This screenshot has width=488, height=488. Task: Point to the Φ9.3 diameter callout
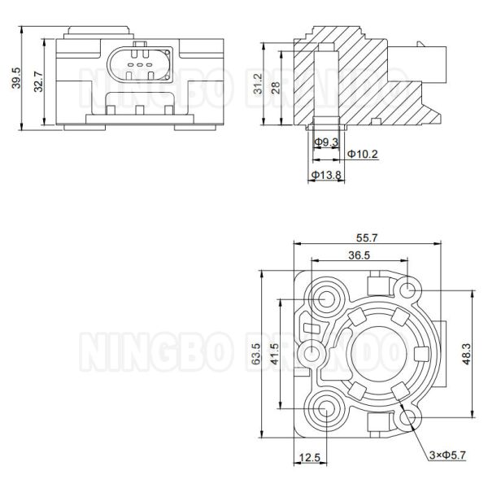click(x=328, y=143)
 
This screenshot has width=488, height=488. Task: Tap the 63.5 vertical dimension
click(x=256, y=354)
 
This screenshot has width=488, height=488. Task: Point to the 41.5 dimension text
click(x=277, y=354)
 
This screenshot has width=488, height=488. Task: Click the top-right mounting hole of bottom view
click(x=408, y=288)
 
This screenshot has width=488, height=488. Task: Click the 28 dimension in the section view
click(x=277, y=87)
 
